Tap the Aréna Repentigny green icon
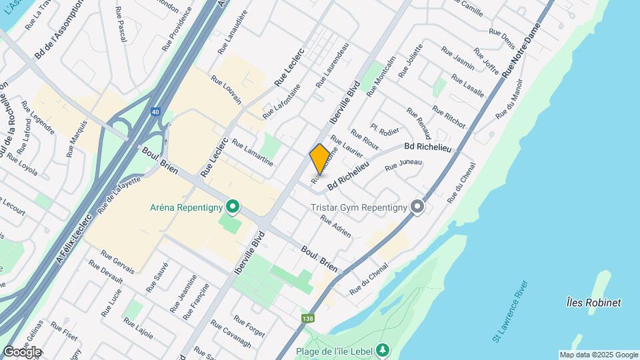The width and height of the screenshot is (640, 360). (x=232, y=207)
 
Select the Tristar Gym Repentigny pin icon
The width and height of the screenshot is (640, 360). (x=417, y=207)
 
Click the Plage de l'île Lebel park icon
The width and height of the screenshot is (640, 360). (x=382, y=349)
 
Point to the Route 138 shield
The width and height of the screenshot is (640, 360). (x=307, y=318)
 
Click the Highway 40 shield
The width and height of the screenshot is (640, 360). (x=155, y=113)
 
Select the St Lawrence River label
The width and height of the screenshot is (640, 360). (x=511, y=312)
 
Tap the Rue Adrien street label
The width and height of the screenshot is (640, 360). (x=335, y=227)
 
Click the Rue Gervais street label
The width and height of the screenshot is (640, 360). (x=117, y=262)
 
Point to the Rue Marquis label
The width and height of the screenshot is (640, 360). (x=77, y=139)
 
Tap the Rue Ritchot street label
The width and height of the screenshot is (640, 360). (x=448, y=116)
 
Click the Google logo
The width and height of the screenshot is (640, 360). (x=22, y=352)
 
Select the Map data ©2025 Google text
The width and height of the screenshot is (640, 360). (x=599, y=355)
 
